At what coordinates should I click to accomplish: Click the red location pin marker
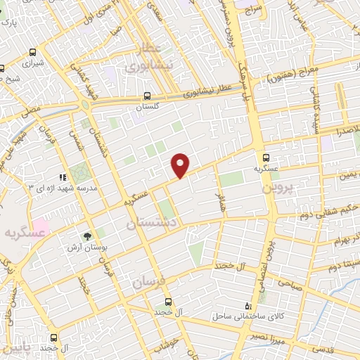(181, 165)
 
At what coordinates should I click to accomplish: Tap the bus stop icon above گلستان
(147, 96)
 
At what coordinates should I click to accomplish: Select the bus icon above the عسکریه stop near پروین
(266, 157)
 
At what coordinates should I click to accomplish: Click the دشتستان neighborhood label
(150, 224)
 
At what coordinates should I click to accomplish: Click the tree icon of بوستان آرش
(88, 237)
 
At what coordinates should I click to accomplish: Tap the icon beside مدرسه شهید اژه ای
(62, 178)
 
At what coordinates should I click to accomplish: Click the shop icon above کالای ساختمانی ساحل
(247, 305)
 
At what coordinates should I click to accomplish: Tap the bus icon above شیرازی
(3, 69)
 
